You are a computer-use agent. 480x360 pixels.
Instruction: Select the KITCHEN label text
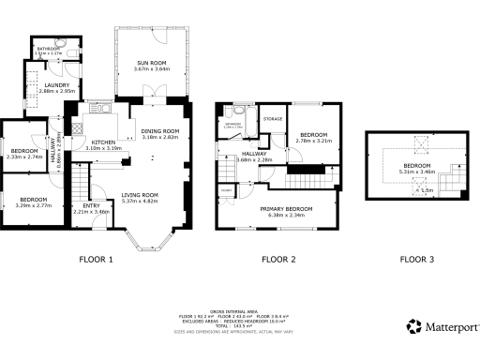[104, 142]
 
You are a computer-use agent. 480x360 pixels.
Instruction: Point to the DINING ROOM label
[160, 130]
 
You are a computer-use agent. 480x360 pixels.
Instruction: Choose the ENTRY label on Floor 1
[91, 205]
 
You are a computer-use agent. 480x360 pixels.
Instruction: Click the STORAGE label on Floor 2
[273, 119]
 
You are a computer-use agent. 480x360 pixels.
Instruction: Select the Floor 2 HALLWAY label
[254, 153]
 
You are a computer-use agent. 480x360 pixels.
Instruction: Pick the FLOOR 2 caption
[278, 259]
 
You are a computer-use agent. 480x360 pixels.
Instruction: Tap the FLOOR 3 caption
[417, 259]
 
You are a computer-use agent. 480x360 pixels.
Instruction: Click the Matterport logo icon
[413, 326]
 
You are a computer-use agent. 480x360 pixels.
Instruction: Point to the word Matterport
[451, 326]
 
